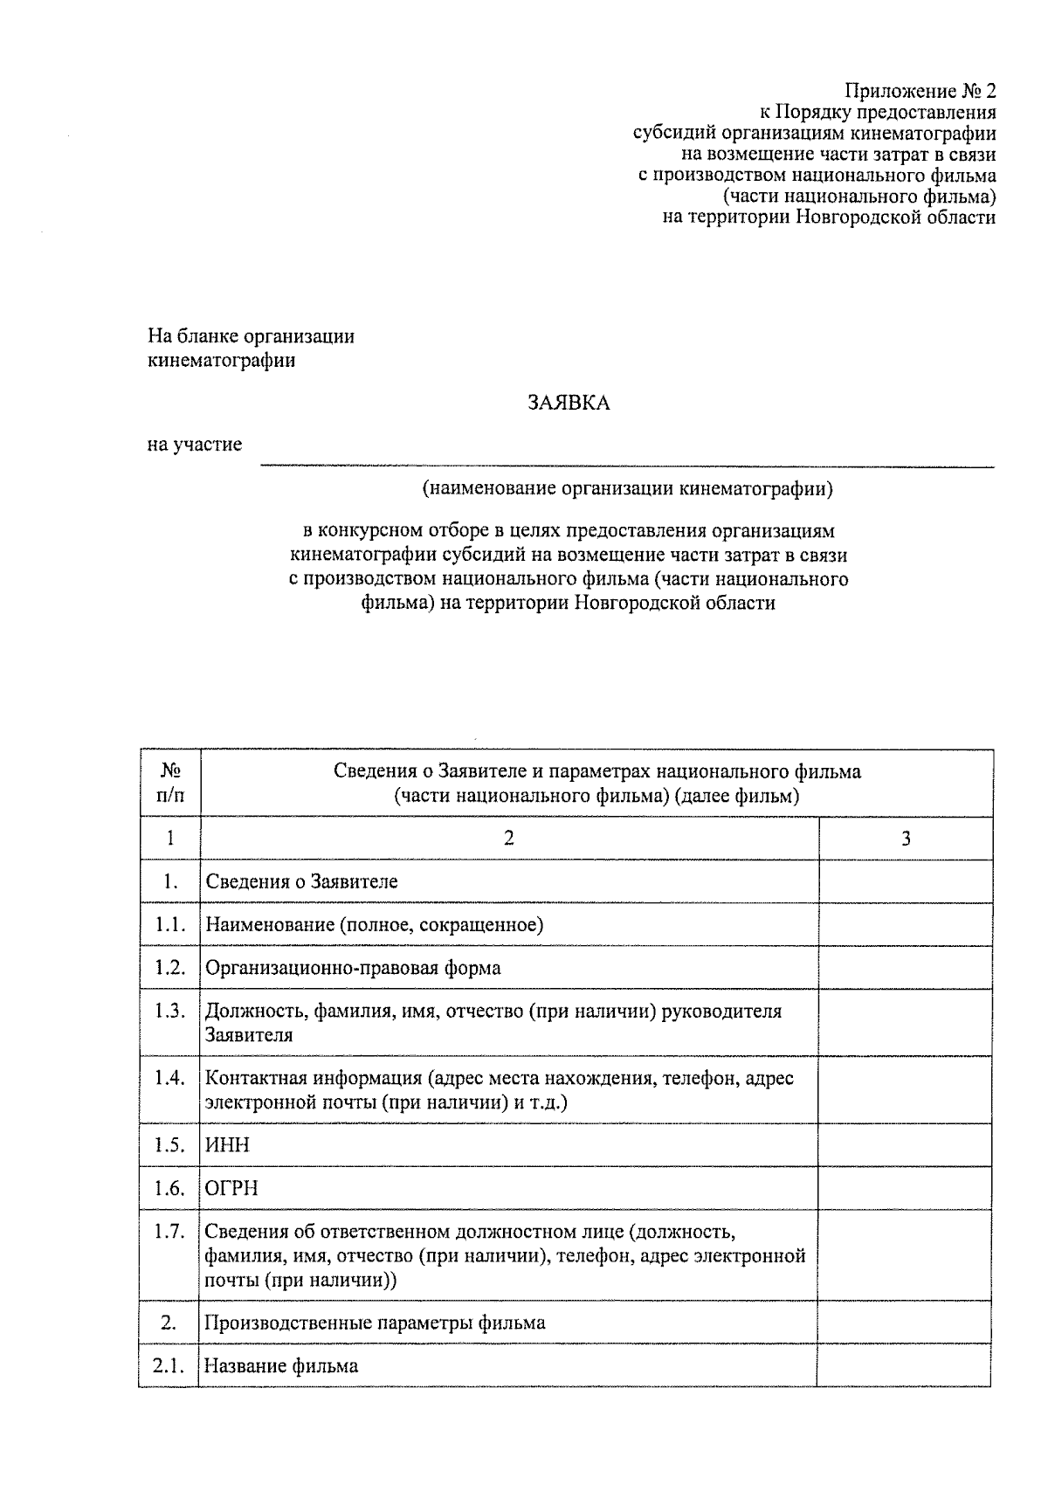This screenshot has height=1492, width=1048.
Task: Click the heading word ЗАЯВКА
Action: point(568,403)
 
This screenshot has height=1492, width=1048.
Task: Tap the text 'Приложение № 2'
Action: point(919,91)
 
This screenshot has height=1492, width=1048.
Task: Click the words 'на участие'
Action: point(194,446)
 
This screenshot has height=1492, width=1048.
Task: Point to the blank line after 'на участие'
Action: point(627,463)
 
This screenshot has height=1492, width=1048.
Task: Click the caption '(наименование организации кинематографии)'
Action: point(627,488)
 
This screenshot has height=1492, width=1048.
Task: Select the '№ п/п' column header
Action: point(170,783)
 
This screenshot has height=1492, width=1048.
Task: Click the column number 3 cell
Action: point(906,839)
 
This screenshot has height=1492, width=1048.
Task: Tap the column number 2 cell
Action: point(509,839)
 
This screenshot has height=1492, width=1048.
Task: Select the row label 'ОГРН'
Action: point(231,1189)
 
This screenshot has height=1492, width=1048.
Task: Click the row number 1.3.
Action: point(170,1011)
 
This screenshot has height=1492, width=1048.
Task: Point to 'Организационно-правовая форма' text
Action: point(353,968)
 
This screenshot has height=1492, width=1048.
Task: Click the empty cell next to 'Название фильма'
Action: point(905,1365)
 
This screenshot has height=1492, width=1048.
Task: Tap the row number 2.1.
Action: point(169,1365)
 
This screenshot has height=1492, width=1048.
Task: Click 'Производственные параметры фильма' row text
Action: point(375,1323)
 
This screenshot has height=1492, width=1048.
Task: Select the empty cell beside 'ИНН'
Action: point(905,1145)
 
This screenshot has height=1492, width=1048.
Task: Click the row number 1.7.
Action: point(170,1232)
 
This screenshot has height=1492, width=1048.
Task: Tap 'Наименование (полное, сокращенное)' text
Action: point(374,925)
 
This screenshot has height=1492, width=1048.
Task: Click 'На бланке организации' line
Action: point(252,336)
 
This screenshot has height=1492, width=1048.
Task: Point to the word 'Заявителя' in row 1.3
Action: point(249,1035)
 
